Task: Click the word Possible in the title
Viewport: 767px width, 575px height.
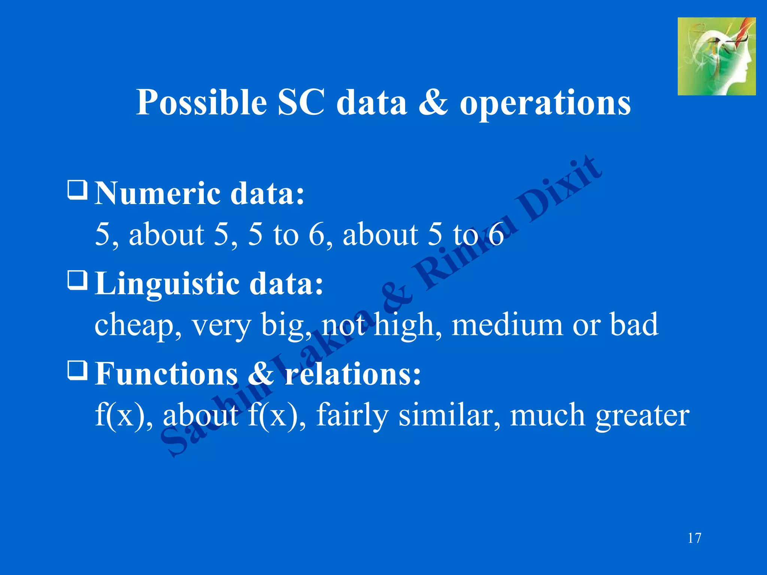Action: [201, 103]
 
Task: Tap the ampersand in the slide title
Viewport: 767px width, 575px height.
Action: [433, 102]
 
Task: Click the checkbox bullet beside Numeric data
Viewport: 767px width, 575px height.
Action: [78, 190]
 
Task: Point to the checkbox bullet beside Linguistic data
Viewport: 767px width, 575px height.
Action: [78, 280]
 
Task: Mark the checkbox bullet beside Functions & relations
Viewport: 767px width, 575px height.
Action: [78, 370]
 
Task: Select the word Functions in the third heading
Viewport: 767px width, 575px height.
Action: [166, 374]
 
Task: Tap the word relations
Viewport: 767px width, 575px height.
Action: [353, 374]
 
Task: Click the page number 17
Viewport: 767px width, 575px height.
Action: [694, 538]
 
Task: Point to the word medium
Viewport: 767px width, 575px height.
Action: [507, 325]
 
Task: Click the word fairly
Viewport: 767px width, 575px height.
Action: [352, 416]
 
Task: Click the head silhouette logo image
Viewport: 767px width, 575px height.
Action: [716, 57]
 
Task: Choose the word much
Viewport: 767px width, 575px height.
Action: [547, 415]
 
